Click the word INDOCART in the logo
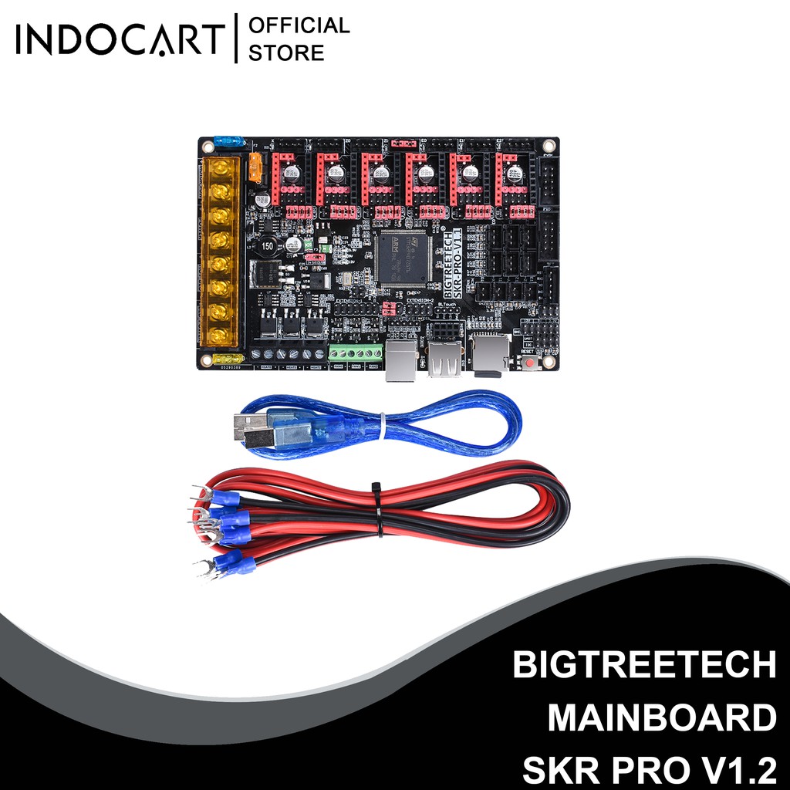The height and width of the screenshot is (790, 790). [120, 41]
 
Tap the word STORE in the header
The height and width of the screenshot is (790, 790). [287, 53]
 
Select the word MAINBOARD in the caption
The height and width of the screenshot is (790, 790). [662, 717]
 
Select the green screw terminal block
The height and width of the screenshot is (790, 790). [356, 354]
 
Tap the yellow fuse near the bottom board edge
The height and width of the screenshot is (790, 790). [229, 360]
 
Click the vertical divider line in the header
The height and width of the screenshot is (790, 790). [235, 39]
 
